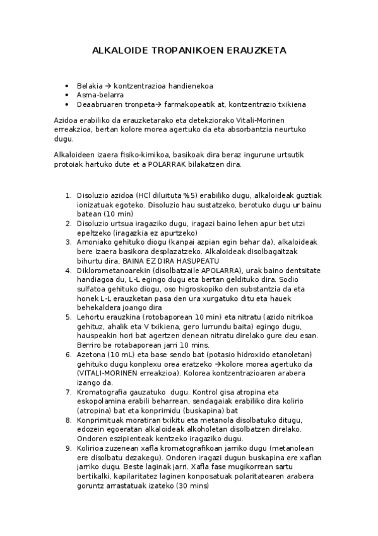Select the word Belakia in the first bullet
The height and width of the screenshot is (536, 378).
click(x=88, y=86)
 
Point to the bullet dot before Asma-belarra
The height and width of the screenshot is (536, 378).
click(x=67, y=95)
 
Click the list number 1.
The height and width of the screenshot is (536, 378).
click(x=68, y=196)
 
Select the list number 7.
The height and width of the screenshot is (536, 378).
click(x=68, y=392)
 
